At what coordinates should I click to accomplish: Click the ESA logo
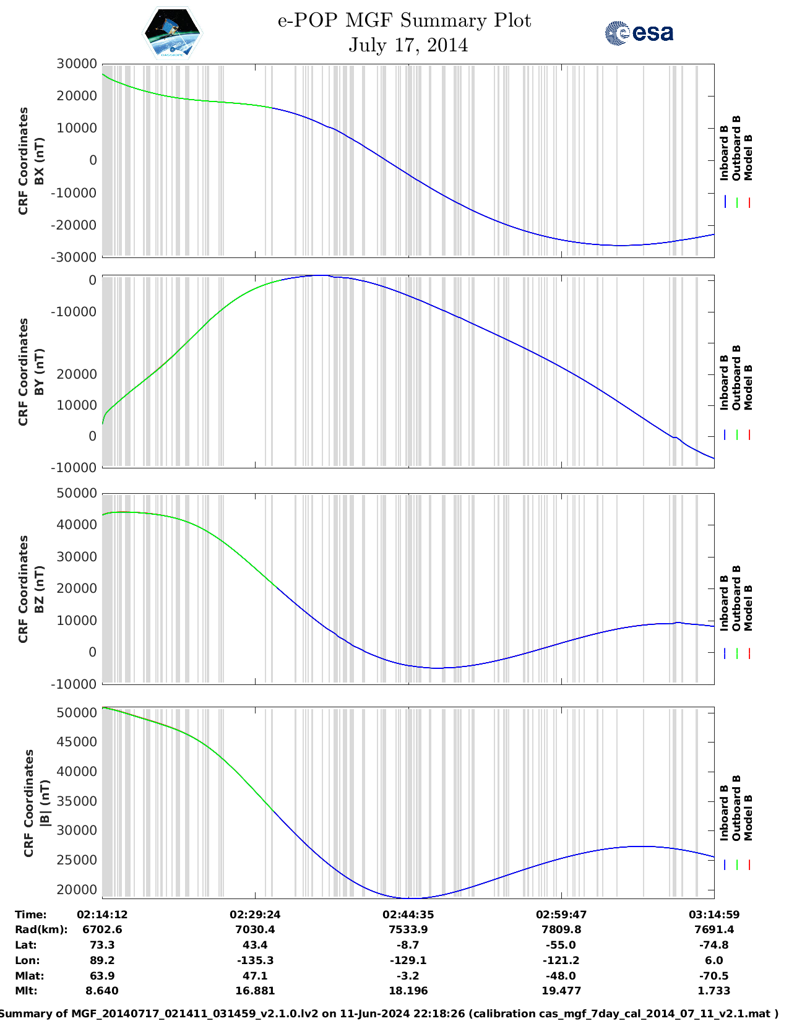pos(639,33)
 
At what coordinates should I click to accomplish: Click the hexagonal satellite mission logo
pos(172,32)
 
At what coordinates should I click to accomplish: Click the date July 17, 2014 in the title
pos(408,45)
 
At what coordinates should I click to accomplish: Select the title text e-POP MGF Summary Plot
pos(404,20)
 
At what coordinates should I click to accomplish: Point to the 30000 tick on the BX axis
pos(76,64)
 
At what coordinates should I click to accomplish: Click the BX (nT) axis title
pos(39,161)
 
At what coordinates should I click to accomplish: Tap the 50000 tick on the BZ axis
pos(76,493)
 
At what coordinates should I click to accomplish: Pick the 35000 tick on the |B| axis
pos(76,801)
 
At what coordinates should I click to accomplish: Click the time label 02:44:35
pos(408,915)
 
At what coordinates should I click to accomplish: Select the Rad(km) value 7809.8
pos(561,929)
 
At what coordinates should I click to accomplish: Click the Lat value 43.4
pos(255,945)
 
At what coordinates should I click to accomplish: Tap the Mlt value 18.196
pos(408,991)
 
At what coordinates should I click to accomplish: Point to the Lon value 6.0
pos(714,960)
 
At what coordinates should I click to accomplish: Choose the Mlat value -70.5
pos(714,976)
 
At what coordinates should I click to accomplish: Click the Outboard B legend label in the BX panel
pos(736,148)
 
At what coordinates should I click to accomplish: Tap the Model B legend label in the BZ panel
pos(748,608)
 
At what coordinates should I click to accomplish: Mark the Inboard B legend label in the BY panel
pos(724,382)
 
